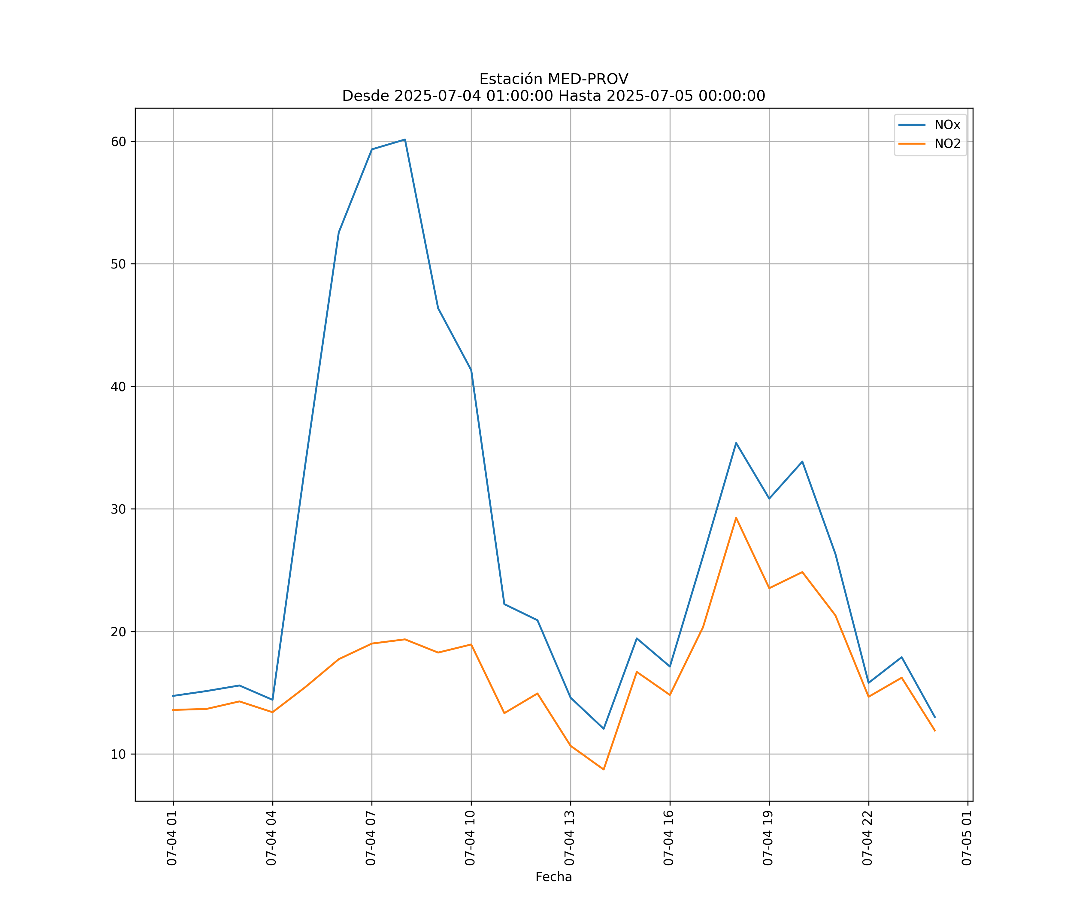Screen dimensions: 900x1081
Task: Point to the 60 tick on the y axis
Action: (x=118, y=141)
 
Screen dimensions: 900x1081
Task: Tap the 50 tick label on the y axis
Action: (x=118, y=264)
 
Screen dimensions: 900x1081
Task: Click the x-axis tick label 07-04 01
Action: (x=172, y=838)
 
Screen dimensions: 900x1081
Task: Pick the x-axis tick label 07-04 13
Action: (x=570, y=838)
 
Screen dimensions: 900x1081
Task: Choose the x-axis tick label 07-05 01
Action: (x=967, y=838)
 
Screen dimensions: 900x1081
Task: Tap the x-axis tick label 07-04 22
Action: (x=868, y=838)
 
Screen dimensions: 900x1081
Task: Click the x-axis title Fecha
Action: (x=553, y=877)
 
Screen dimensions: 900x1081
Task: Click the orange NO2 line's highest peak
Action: (x=736, y=517)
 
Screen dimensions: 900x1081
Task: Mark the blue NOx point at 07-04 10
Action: (x=471, y=370)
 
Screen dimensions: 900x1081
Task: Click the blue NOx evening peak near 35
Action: (x=736, y=443)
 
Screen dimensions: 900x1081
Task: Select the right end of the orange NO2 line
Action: (x=935, y=731)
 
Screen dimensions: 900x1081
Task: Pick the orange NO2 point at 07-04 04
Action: (x=272, y=712)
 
